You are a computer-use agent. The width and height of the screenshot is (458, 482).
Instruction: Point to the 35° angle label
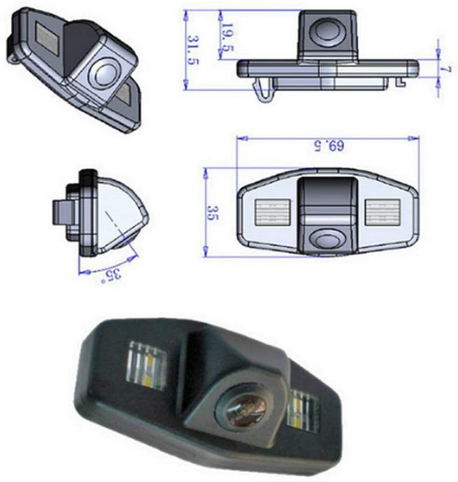[x=114, y=275]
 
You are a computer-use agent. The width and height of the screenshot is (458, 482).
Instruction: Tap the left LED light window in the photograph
[x=147, y=365]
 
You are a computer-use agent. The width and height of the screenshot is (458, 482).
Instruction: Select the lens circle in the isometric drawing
[x=106, y=73]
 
